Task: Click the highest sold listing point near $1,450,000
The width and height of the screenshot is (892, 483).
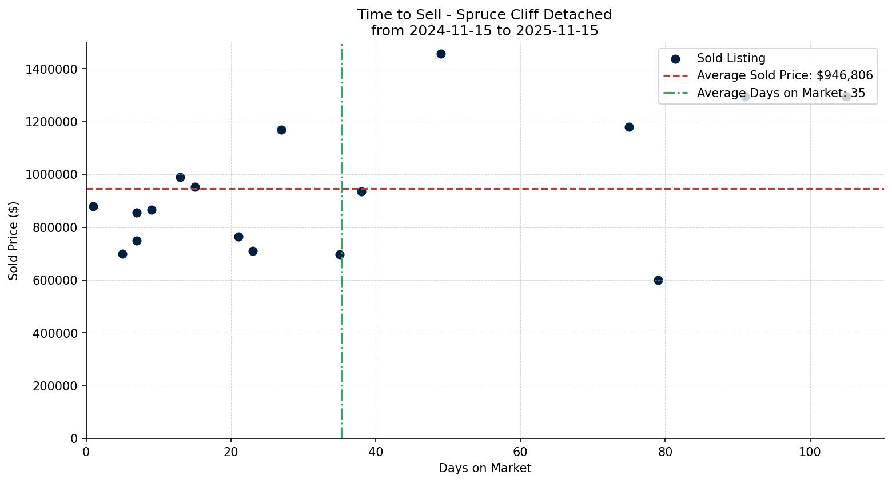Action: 441,54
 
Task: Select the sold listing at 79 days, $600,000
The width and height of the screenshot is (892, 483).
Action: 658,280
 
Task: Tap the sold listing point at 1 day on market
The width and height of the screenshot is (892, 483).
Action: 93,206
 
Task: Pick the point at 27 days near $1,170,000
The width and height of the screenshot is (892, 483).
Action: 281,130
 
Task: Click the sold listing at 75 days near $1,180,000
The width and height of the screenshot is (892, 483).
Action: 629,127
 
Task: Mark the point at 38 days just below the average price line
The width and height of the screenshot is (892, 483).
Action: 361,191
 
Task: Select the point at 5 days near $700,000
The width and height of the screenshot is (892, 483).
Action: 122,254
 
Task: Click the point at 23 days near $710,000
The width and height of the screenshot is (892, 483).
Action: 253,251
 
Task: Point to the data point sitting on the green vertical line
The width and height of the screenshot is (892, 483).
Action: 340,254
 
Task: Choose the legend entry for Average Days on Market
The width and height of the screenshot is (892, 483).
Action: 780,93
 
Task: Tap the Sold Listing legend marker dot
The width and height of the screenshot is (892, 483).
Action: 675,59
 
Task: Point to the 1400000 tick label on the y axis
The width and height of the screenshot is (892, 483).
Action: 51,69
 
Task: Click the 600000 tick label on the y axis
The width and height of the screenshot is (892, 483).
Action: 54,281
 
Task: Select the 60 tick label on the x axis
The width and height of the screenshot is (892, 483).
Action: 520,452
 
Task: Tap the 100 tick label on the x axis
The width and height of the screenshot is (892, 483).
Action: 810,452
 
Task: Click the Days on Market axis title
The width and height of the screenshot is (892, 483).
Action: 484,468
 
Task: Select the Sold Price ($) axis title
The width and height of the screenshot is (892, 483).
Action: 14,241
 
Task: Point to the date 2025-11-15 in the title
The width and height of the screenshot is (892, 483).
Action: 557,31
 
